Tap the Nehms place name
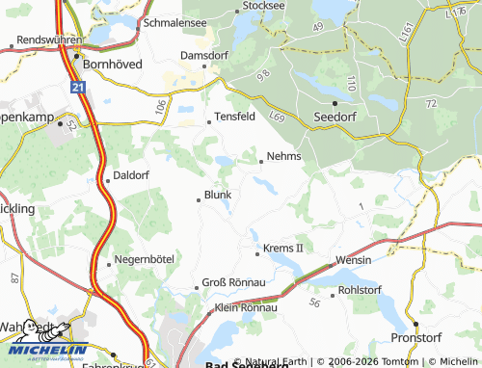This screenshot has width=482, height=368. tap(284, 156)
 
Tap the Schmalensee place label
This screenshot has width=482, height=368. tap(174, 20)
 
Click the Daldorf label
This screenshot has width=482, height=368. tap(132, 175)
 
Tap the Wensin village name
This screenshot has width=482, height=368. tap(354, 261)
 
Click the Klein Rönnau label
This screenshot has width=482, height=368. tap(246, 307)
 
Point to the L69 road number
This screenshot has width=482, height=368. tap(278, 115)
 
